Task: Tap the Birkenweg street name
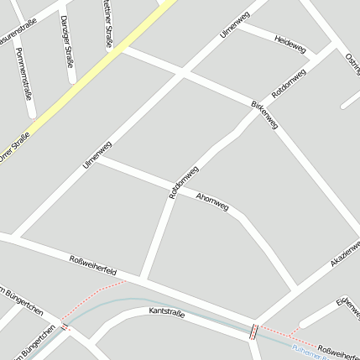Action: [263, 114]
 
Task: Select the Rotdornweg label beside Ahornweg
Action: [184, 181]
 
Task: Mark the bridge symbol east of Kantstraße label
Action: [252, 331]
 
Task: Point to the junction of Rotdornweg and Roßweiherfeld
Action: [143, 278]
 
